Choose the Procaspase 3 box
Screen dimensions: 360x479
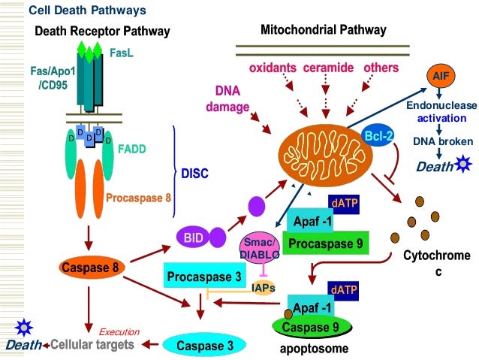coord(205,276)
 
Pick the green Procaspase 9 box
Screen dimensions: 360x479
coord(327,244)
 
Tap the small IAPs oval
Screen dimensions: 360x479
coord(264,287)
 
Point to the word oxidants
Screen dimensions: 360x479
coord(273,68)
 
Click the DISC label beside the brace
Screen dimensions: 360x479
coord(194,174)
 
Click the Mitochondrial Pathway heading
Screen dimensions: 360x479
coord(324,30)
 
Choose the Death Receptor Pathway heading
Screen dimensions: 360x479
coord(102,31)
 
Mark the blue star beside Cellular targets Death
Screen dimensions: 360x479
coord(24,327)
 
